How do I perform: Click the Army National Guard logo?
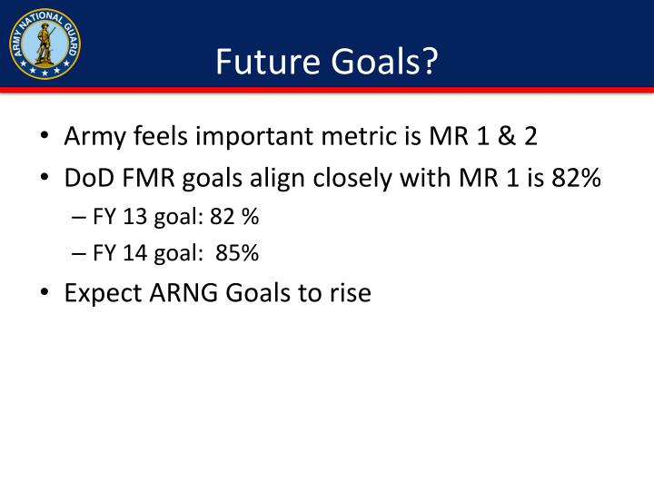[45, 43]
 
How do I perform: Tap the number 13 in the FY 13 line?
[132, 218]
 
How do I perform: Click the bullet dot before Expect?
[45, 295]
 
